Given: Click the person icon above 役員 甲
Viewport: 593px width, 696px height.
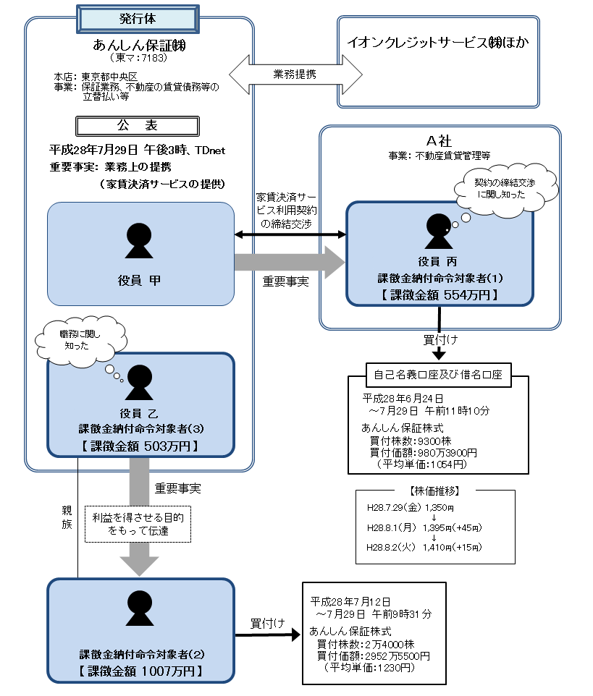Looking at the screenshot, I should [140, 241].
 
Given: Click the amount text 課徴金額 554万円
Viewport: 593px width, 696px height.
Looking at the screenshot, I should [440, 294].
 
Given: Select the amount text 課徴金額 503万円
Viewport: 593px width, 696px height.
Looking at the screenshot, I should [139, 444].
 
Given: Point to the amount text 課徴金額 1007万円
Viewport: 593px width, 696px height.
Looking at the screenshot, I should [140, 671].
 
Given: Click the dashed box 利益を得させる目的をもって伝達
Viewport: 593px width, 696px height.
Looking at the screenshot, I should [138, 523].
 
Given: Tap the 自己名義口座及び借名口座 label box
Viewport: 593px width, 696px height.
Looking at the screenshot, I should [438, 375].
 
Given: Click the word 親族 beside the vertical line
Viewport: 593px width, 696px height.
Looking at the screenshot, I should [67, 518].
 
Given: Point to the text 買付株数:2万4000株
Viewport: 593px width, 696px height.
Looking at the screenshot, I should [366, 644].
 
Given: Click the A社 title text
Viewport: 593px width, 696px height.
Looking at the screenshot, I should [440, 141].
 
